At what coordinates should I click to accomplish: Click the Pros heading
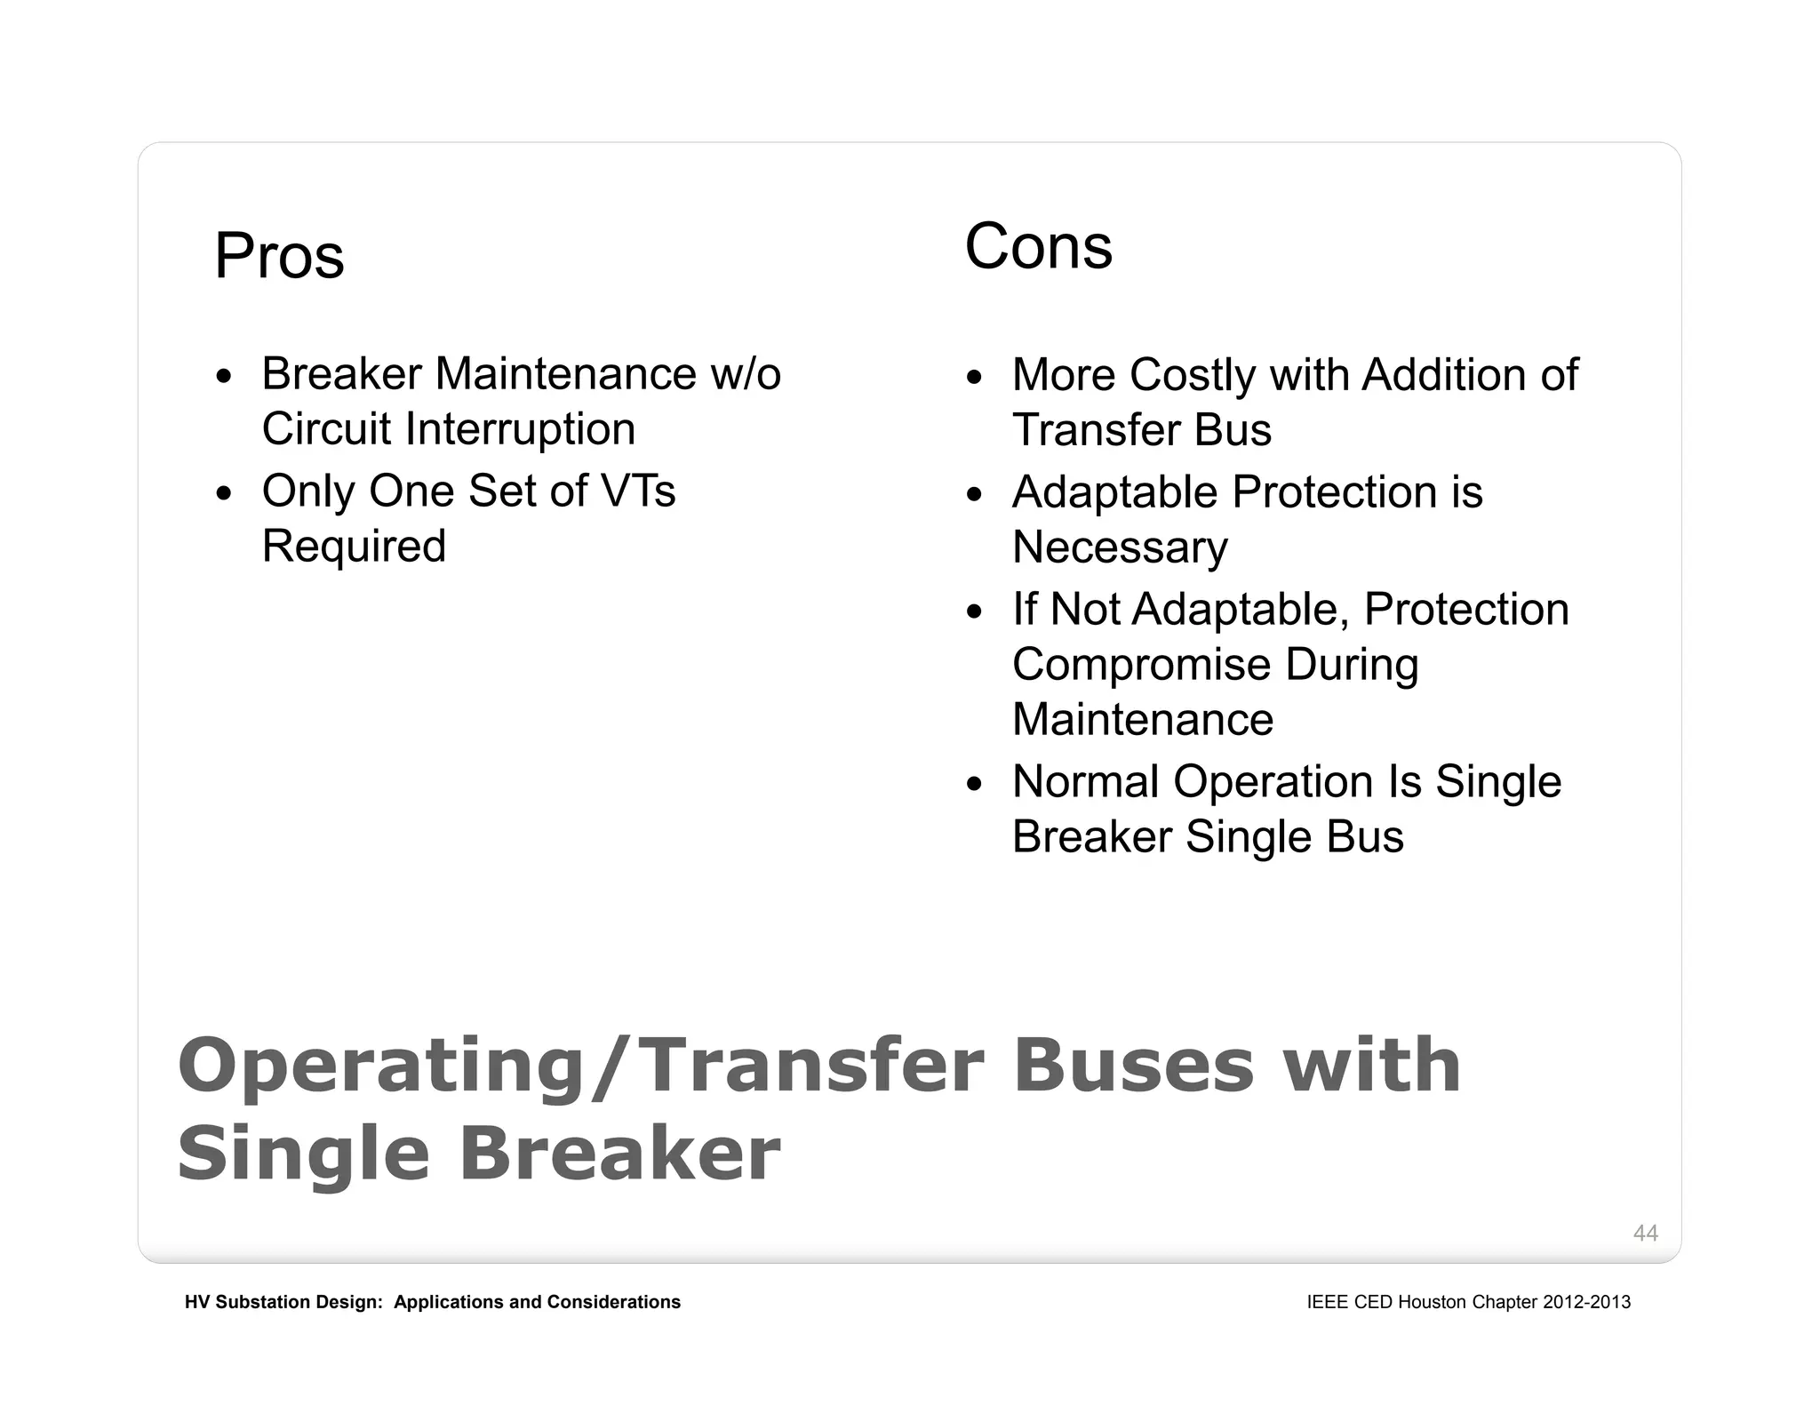click(x=279, y=257)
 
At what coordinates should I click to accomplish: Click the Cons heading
click(x=1038, y=247)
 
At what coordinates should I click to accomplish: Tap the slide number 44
click(x=1645, y=1233)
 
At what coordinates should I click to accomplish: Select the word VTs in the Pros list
click(x=637, y=491)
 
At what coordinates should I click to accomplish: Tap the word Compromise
click(x=1141, y=665)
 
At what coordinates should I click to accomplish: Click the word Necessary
click(x=1120, y=547)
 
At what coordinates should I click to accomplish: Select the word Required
click(x=354, y=546)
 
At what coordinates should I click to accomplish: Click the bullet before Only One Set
click(x=224, y=494)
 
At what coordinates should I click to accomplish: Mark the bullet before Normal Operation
click(x=975, y=785)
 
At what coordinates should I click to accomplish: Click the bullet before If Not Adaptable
click(x=975, y=612)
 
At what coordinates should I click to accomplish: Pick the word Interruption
click(x=520, y=429)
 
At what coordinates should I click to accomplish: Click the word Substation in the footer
click(x=262, y=1302)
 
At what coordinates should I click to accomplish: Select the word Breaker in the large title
click(x=619, y=1154)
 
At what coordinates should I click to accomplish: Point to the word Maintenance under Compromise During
click(x=1143, y=719)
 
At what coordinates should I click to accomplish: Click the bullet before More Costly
click(x=975, y=378)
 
